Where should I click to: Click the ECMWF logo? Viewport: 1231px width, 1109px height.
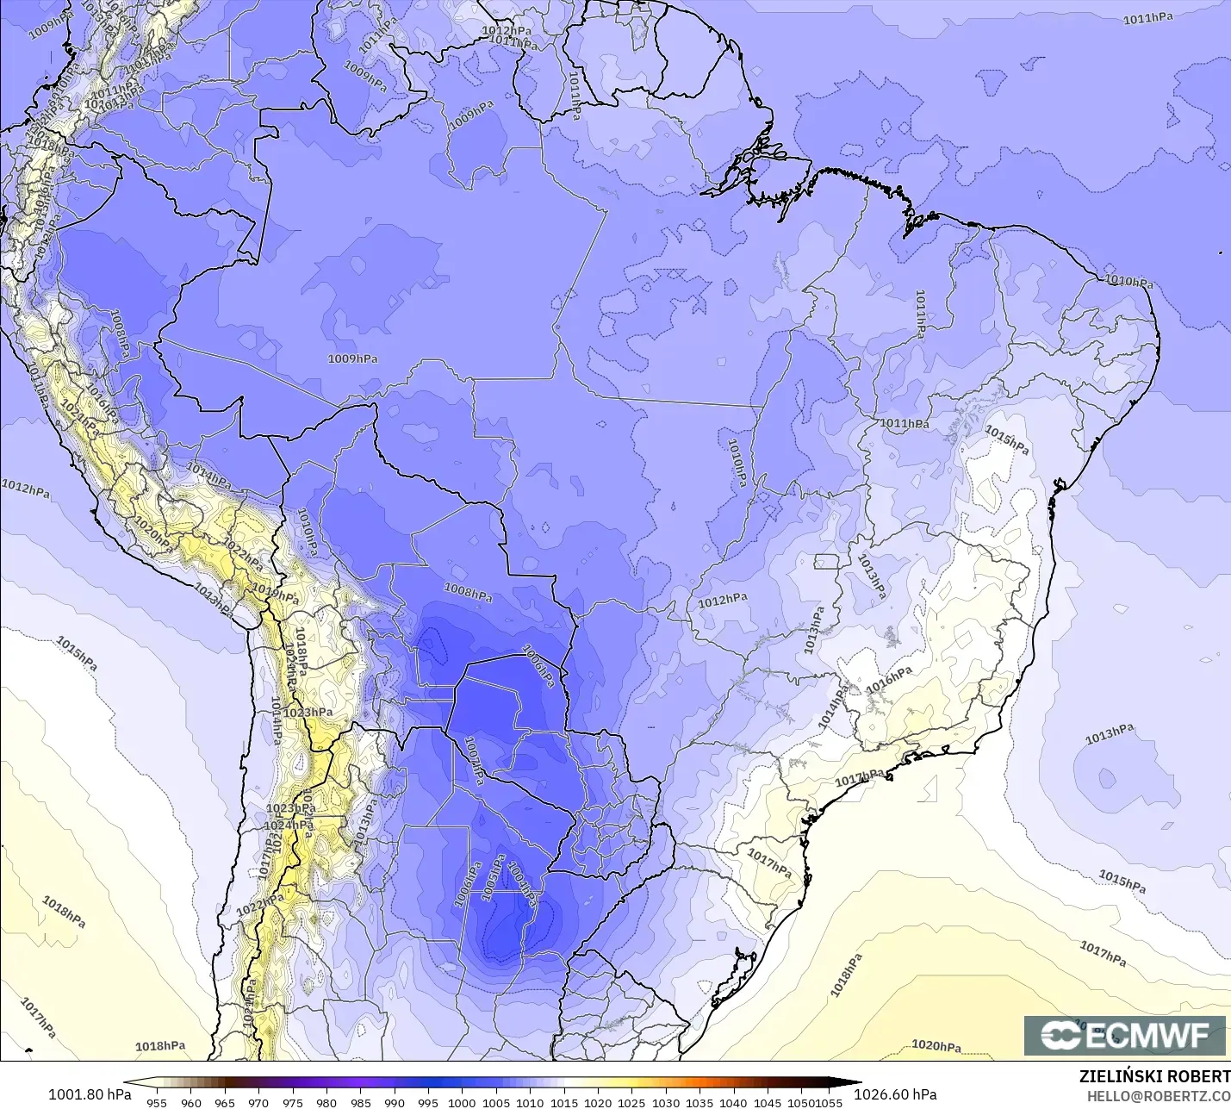click(x=1124, y=1035)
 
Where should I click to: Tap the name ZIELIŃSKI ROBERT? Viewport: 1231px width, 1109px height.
click(x=1154, y=1076)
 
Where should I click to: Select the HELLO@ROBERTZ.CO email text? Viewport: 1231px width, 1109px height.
click(x=1158, y=1096)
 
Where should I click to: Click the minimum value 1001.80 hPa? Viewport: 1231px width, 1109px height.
click(x=90, y=1094)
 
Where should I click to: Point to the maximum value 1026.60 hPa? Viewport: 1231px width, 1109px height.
click(x=895, y=1094)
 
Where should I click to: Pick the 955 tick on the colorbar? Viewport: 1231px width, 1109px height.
click(x=157, y=1102)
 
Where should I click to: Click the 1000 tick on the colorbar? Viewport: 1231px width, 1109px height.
click(x=462, y=1102)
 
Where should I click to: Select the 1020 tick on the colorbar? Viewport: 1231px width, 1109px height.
click(x=598, y=1102)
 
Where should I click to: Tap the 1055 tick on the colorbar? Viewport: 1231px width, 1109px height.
click(x=829, y=1102)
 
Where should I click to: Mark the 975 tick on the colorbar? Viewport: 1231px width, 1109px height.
click(x=293, y=1102)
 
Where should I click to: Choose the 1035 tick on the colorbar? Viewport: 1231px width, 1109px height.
click(x=699, y=1102)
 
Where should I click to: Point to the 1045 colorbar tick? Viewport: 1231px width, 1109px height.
click(x=768, y=1102)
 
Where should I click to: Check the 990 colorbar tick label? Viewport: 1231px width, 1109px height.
click(x=395, y=1102)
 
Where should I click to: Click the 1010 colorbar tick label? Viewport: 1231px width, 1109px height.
click(x=530, y=1102)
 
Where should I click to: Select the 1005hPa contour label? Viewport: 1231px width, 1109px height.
click(x=493, y=878)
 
